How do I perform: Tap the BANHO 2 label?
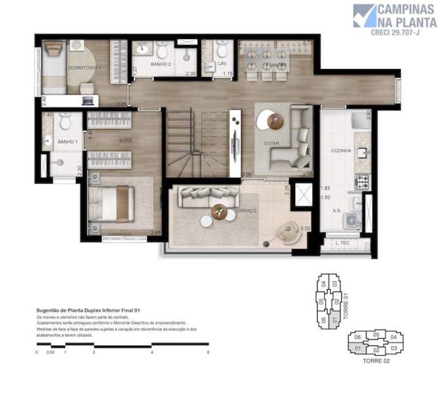point(161,64)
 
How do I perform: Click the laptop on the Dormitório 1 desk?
point(87,100)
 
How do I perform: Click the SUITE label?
point(126,140)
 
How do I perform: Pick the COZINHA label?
point(340,150)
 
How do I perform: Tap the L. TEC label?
point(342,243)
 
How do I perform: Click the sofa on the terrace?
point(204,196)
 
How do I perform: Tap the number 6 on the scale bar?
point(208,352)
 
